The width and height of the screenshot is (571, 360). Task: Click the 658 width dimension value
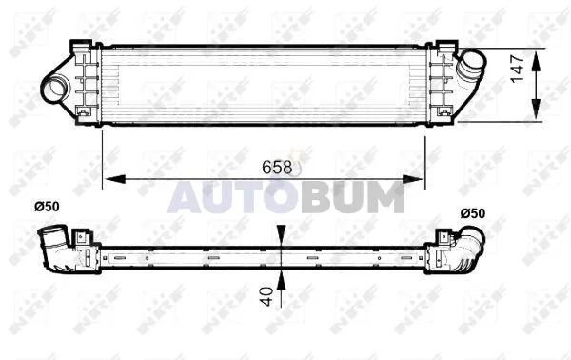pyautogui.click(x=277, y=168)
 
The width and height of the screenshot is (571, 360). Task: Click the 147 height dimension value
pyautogui.click(x=517, y=69)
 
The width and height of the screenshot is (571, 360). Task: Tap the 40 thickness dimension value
pyautogui.click(x=266, y=296)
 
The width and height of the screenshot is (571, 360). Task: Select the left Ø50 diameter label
pyautogui.click(x=47, y=207)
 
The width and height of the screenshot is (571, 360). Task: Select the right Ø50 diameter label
pyautogui.click(x=473, y=213)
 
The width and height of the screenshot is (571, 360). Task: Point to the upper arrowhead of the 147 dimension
pyautogui.click(x=536, y=61)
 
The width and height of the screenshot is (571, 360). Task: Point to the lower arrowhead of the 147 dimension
pyautogui.click(x=536, y=109)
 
